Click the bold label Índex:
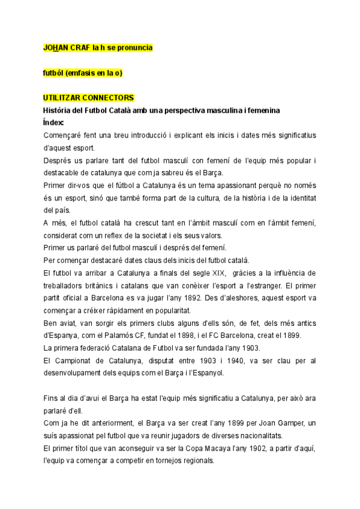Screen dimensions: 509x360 coord(58,122)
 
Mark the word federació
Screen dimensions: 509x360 coord(101,348)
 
